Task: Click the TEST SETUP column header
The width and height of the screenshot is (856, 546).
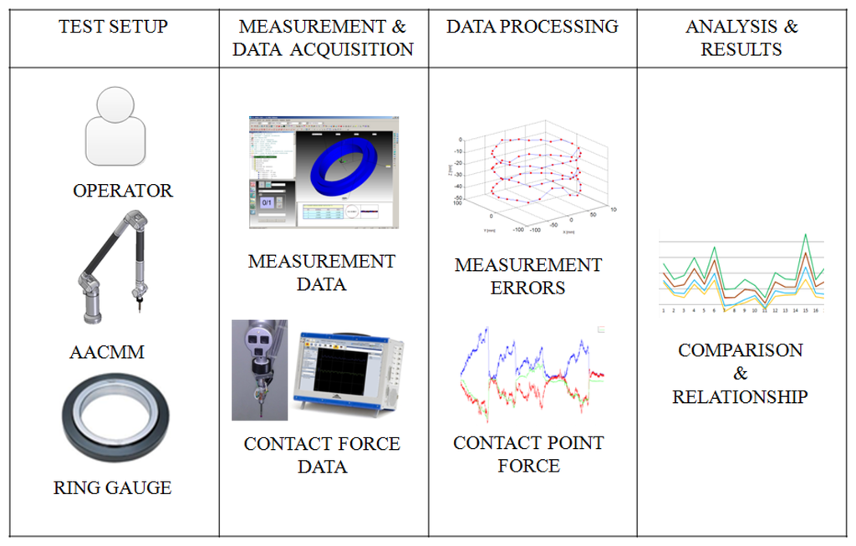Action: click(x=113, y=27)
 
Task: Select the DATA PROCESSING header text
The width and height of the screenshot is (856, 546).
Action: click(x=532, y=27)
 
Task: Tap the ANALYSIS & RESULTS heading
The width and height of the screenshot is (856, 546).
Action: click(x=741, y=38)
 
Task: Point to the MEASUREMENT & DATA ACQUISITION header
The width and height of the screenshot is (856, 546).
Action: click(x=323, y=38)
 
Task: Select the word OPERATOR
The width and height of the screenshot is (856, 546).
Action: click(x=123, y=191)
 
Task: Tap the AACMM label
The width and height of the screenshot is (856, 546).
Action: click(x=107, y=352)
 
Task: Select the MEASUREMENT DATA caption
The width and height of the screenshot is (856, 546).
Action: click(x=322, y=273)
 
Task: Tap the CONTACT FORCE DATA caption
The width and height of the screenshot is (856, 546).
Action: click(x=322, y=455)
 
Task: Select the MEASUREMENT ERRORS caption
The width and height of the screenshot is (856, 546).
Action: click(x=528, y=276)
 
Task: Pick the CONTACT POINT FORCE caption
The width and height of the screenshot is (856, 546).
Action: click(x=528, y=453)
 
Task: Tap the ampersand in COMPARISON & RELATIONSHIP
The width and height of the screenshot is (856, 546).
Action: click(x=741, y=374)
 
